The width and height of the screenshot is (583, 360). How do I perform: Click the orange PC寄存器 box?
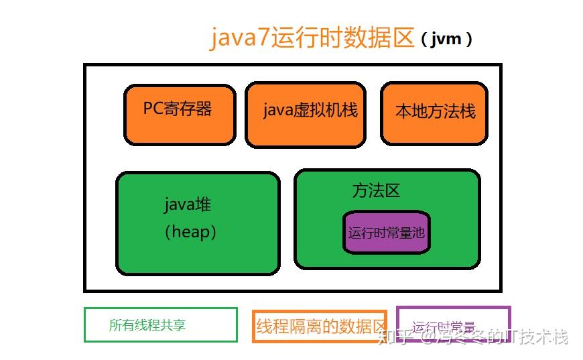pyautogui.click(x=180, y=114)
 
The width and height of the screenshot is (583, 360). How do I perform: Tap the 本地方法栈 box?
pyautogui.click(x=434, y=114)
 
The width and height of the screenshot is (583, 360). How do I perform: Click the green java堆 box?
pyautogui.click(x=198, y=223)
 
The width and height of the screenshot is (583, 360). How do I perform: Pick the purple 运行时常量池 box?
pyautogui.click(x=387, y=233)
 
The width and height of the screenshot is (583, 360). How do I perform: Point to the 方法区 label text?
pyautogui.click(x=376, y=191)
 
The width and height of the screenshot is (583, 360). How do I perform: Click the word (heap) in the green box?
pyautogui.click(x=190, y=232)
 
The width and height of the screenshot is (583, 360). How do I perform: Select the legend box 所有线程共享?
pyautogui.click(x=160, y=325)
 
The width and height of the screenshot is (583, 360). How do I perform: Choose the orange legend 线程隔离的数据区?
pyautogui.click(x=320, y=326)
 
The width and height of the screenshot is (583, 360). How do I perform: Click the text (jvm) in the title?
pyautogui.click(x=447, y=39)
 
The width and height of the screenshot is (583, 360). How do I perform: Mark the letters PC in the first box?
pyautogui.click(x=153, y=109)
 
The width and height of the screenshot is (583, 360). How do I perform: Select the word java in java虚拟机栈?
pyautogui.click(x=277, y=111)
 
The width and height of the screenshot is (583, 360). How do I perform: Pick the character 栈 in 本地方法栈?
pyautogui.click(x=466, y=111)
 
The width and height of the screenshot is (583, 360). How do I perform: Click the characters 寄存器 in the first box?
pyautogui.click(x=188, y=109)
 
